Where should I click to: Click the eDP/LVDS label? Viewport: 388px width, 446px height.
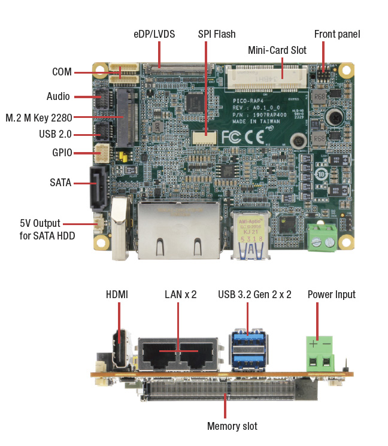(154, 34)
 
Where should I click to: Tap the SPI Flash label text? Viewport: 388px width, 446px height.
(217, 34)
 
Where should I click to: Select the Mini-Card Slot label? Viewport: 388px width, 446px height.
(277, 50)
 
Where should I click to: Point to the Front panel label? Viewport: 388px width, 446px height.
(337, 34)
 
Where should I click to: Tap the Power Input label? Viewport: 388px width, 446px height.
(332, 295)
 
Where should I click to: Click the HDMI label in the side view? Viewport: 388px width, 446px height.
(117, 295)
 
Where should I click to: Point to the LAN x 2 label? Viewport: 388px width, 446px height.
(181, 295)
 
